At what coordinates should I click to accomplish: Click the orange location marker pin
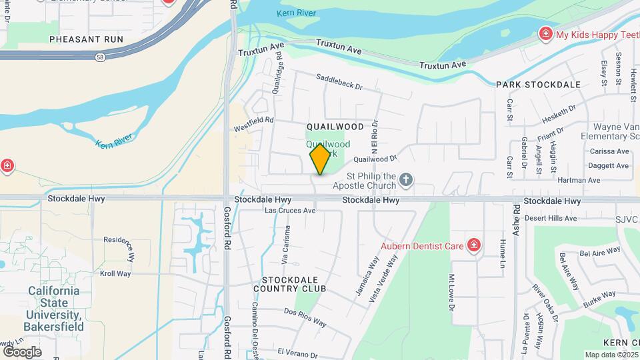[x=320, y=159]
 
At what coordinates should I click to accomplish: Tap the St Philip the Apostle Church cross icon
[x=407, y=179]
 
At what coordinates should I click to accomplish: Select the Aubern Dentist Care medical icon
[x=474, y=246]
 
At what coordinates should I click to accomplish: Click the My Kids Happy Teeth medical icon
[x=545, y=34]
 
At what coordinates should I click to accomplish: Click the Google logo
[x=22, y=351]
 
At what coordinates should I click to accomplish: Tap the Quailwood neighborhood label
[x=335, y=127]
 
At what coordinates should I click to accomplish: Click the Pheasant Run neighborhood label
[x=87, y=39]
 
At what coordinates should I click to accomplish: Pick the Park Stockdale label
[x=538, y=85]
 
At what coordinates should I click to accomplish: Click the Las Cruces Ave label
[x=290, y=210]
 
